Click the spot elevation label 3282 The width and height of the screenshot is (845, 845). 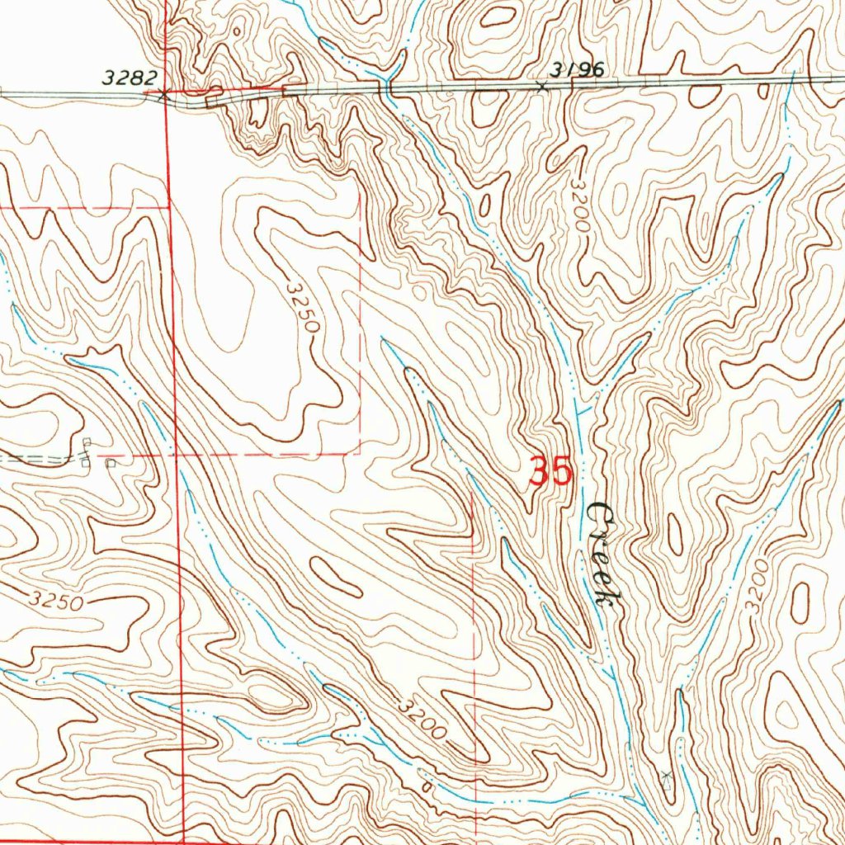pyautogui.click(x=130, y=78)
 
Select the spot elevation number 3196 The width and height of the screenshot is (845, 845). pyautogui.click(x=578, y=69)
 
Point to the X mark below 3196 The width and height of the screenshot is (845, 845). pyautogui.click(x=542, y=86)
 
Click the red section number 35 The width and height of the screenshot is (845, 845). pyautogui.click(x=550, y=473)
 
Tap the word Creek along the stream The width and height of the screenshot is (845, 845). pyautogui.click(x=603, y=554)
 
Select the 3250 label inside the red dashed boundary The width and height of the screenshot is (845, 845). pyautogui.click(x=303, y=306)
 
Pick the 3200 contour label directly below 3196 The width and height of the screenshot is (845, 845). pyautogui.click(x=580, y=206)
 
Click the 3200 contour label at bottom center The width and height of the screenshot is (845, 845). pyautogui.click(x=421, y=720)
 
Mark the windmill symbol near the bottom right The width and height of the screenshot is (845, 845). pyautogui.click(x=667, y=774)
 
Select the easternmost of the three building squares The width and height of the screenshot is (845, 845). pyautogui.click(x=111, y=463)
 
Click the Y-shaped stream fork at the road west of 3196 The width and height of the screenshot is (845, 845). pyautogui.click(x=387, y=80)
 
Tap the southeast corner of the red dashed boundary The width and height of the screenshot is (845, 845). pyautogui.click(x=360, y=454)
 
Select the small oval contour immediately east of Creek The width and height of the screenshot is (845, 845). pyautogui.click(x=675, y=535)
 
